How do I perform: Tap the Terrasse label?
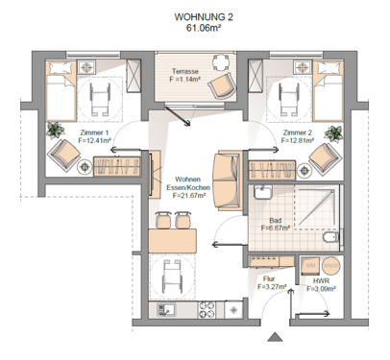pos(184,71)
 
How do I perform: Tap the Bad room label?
pos(276,220)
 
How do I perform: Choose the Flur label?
pos(269,278)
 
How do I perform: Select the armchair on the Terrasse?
pos(221,86)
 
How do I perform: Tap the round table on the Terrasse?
pos(220,66)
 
